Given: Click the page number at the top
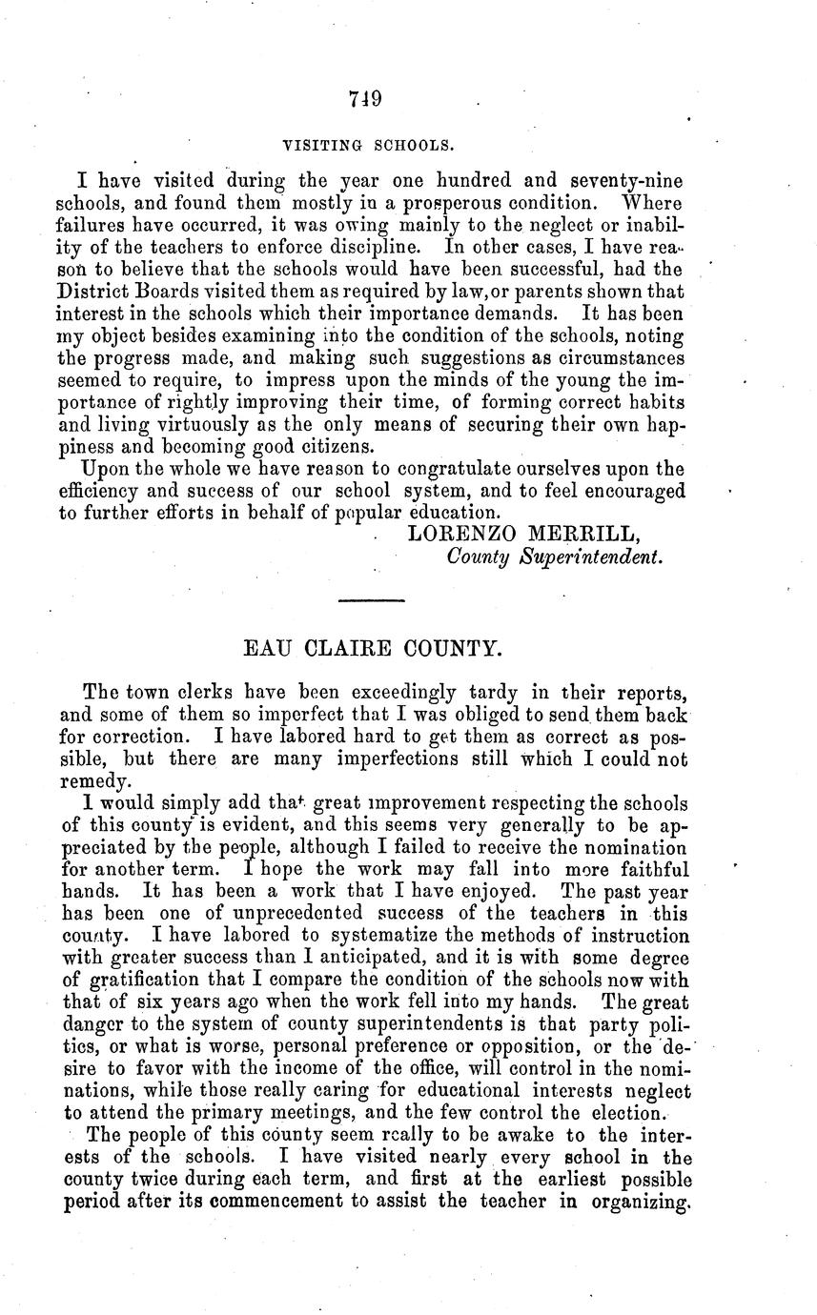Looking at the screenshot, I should (x=365, y=98).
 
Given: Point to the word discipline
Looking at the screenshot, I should (x=379, y=247).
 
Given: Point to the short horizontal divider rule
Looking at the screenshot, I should (x=372, y=598).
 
